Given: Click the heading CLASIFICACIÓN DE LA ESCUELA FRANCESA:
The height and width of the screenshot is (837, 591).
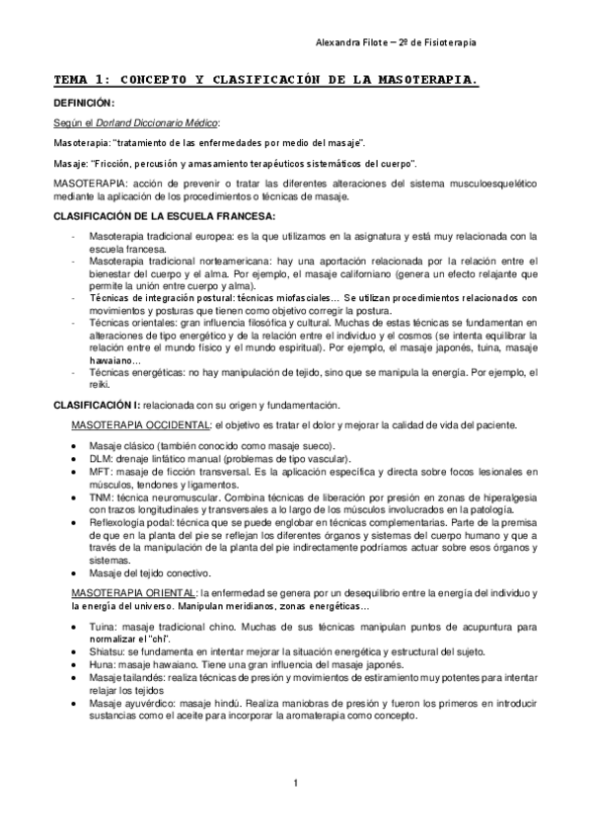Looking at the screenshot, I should [164, 216].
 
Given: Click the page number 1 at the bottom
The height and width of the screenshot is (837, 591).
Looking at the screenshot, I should [295, 784].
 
